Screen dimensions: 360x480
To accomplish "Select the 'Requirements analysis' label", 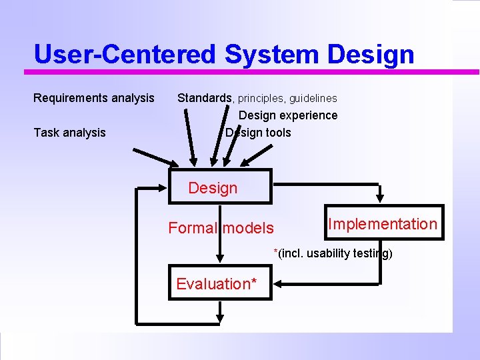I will pyautogui.click(x=94, y=98).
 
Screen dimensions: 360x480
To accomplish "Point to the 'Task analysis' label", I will pyautogui.click(x=70, y=133).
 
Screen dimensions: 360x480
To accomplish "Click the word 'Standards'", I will pyautogui.click(x=205, y=98).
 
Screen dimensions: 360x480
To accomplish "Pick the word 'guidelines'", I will pyautogui.click(x=313, y=99).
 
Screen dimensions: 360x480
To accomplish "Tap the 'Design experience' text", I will pyautogui.click(x=288, y=115).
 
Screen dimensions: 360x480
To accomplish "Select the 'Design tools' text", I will pyautogui.click(x=258, y=133).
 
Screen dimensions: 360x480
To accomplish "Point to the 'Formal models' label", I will pyautogui.click(x=221, y=228).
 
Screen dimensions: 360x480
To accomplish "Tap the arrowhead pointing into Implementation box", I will pyautogui.click(x=380, y=198).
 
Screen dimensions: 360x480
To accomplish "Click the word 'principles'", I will pyautogui.click(x=261, y=99).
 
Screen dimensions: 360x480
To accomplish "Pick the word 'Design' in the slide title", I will pyautogui.click(x=371, y=55).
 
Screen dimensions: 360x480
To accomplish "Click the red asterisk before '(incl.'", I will pyautogui.click(x=276, y=252).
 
